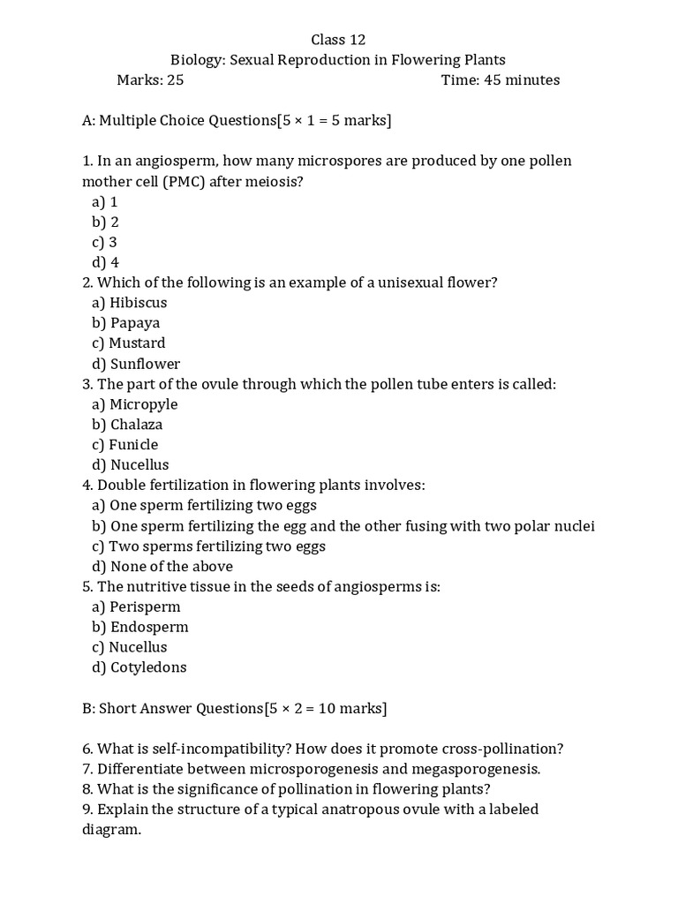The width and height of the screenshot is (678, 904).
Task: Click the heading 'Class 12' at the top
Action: click(338, 40)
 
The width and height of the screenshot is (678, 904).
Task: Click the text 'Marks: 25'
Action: click(150, 80)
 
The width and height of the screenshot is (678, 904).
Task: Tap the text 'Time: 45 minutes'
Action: click(500, 80)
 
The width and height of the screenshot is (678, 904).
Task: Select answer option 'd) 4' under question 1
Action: click(105, 262)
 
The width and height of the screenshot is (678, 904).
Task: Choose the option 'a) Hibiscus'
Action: click(129, 303)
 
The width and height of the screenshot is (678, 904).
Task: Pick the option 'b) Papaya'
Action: click(125, 323)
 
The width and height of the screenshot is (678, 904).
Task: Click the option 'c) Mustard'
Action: click(128, 343)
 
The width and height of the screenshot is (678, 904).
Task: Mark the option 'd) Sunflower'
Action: click(135, 364)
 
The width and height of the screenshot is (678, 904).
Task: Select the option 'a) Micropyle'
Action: click(134, 404)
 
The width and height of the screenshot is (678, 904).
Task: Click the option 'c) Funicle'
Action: click(124, 445)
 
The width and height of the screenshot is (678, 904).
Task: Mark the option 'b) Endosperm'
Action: click(139, 628)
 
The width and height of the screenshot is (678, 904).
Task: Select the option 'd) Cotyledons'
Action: click(139, 667)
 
